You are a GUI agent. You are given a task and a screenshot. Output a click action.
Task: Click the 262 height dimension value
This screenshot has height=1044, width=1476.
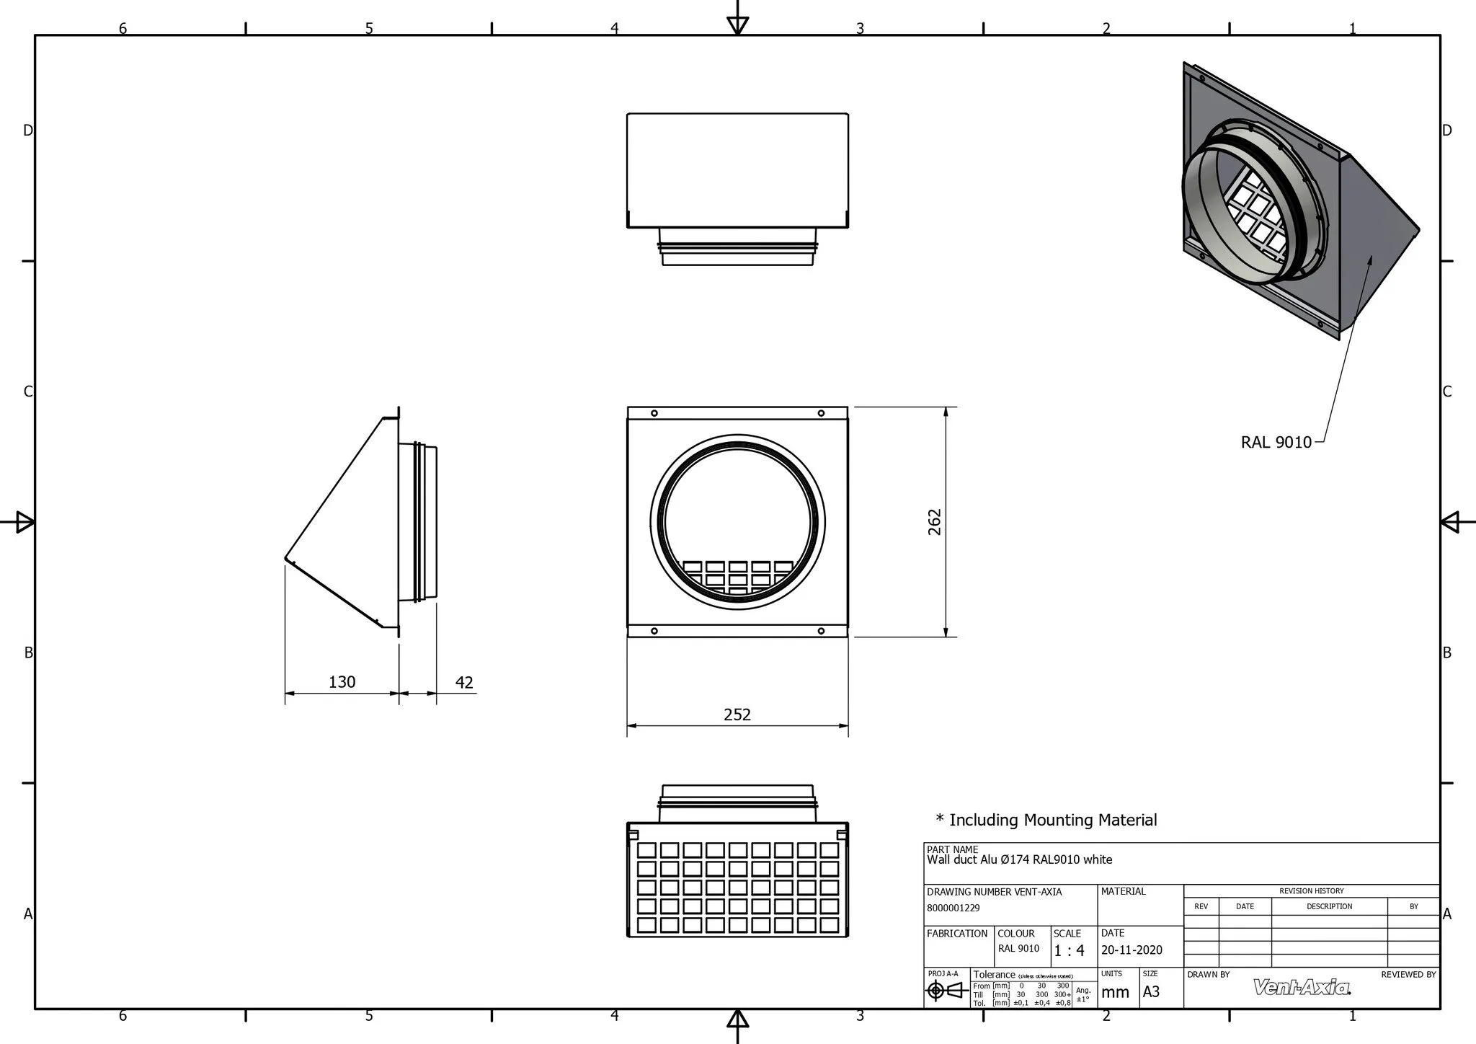935,522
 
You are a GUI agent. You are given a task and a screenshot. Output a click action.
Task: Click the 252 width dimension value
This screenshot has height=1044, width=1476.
737,715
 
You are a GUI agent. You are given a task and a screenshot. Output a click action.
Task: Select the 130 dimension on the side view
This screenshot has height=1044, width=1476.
342,682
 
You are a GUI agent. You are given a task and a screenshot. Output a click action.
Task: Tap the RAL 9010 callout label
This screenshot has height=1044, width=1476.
1276,443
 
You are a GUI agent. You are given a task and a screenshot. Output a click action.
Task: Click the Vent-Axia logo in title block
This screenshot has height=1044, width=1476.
1302,987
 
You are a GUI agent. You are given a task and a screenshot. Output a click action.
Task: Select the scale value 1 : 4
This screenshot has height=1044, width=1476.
1069,951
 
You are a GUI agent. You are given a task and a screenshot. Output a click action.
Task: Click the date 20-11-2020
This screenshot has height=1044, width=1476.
1132,950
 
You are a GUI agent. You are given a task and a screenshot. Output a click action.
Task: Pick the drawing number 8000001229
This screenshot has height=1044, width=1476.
953,908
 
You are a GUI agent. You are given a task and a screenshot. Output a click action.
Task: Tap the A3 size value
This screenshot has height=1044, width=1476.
1151,992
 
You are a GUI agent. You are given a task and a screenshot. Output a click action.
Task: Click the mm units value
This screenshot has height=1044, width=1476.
1115,993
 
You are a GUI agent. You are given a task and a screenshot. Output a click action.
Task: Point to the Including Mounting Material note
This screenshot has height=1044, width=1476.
1046,820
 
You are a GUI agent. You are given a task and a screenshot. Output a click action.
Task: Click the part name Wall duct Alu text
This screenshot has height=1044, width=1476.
1019,859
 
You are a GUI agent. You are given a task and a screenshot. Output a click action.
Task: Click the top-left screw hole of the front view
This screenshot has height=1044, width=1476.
654,414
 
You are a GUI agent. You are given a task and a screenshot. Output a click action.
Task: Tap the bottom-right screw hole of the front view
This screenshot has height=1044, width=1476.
821,631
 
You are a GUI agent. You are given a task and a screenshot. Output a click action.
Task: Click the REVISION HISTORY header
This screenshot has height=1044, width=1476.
1311,891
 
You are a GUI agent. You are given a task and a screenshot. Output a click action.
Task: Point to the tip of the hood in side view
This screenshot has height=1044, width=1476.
286,558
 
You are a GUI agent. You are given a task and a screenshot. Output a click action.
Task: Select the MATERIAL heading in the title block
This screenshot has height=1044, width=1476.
1123,892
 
